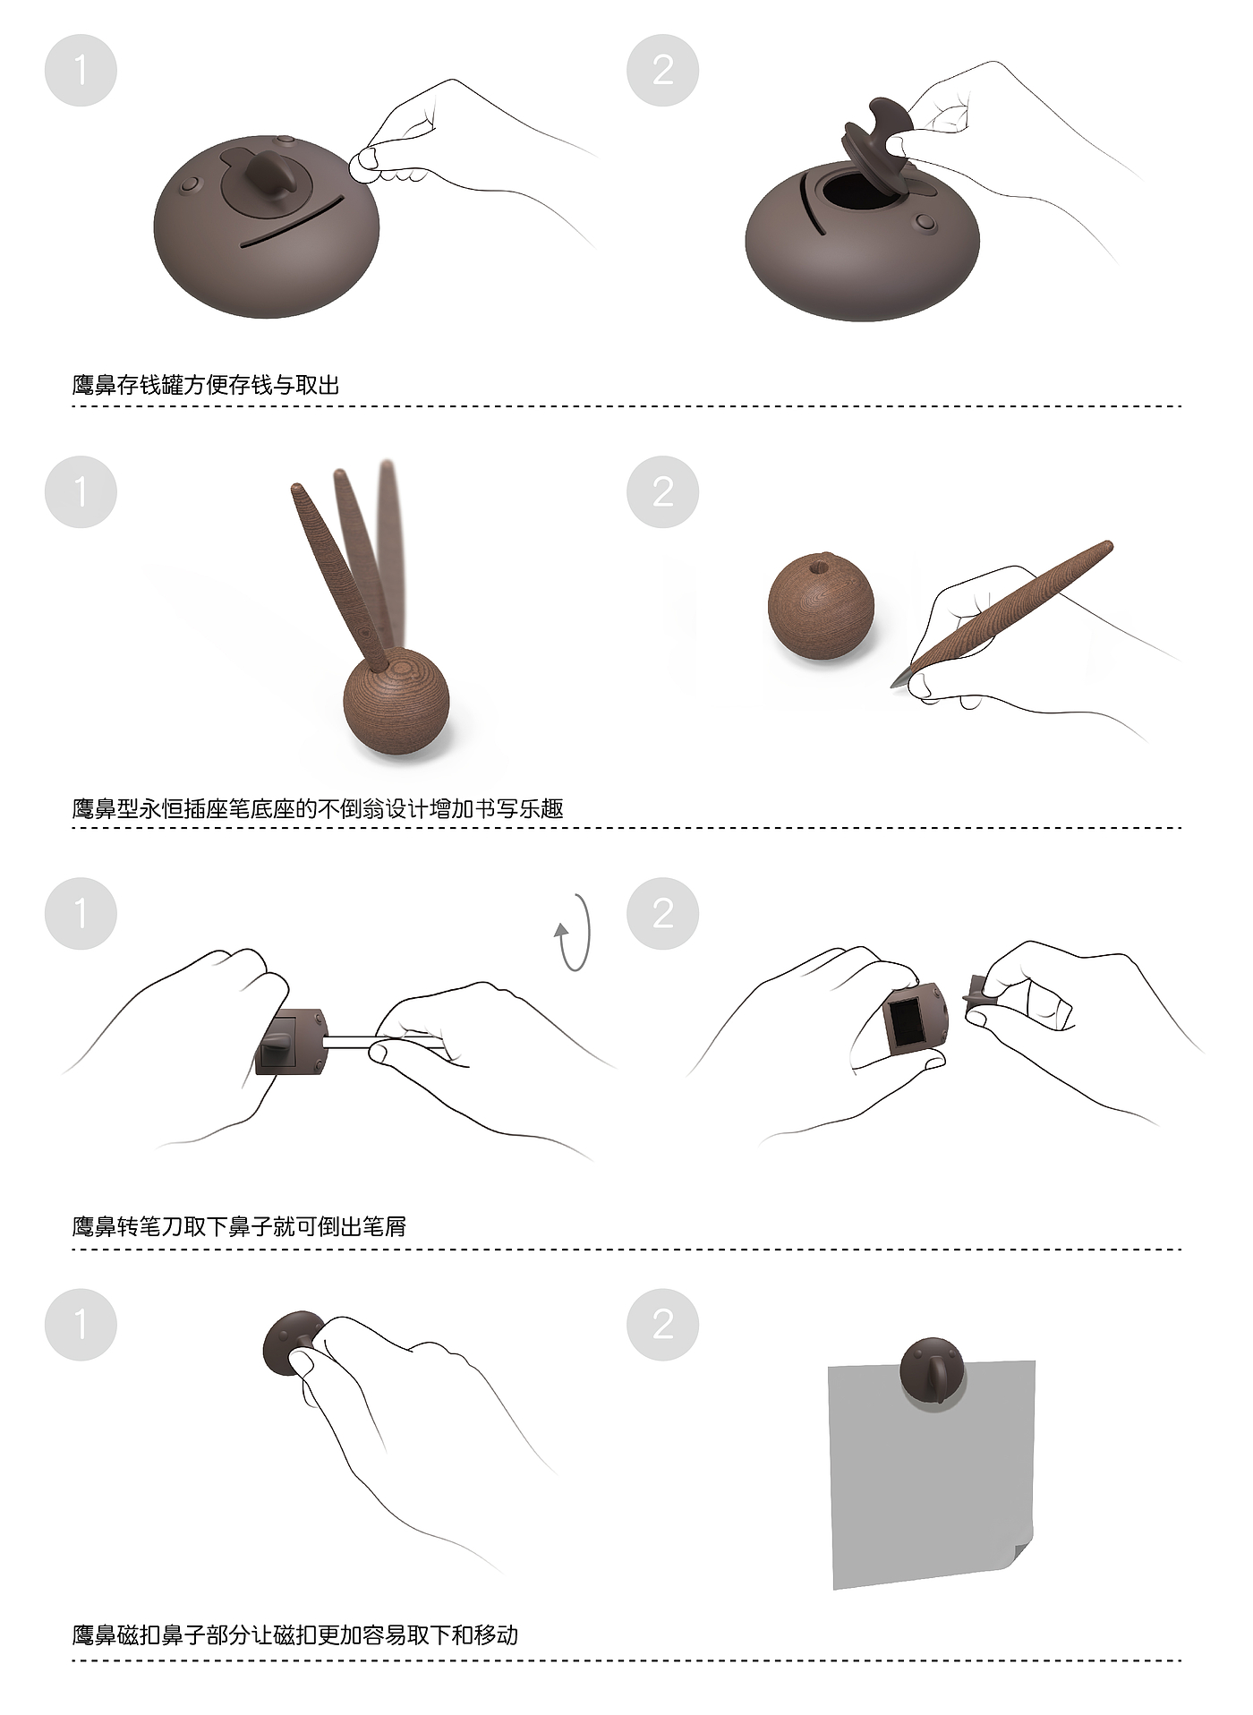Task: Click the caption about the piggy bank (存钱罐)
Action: pos(206,385)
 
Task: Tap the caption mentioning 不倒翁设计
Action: pos(318,808)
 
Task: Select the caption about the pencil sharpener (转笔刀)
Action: pos(239,1225)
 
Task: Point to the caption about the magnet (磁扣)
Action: pos(295,1634)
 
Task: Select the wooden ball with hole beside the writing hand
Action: pos(820,609)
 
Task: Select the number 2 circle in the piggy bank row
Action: pos(662,70)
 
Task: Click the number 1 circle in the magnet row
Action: pos(81,1324)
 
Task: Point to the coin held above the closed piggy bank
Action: pos(363,166)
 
